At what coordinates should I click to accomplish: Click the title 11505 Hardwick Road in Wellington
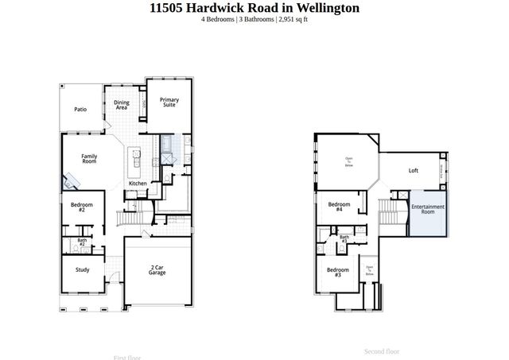[254, 8]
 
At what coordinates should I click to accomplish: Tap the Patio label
[80, 110]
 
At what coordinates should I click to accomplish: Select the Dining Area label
[122, 104]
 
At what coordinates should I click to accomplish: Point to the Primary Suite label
[169, 102]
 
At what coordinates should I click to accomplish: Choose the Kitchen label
[138, 184]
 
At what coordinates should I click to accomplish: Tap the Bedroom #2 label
[82, 207]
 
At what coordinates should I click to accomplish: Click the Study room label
[82, 269]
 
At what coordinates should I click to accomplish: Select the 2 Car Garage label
[157, 269]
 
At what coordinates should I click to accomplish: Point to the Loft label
[413, 170]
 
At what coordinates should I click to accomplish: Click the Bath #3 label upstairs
[344, 238]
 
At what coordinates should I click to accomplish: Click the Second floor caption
[382, 350]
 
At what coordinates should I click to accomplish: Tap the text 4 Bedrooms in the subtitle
[219, 19]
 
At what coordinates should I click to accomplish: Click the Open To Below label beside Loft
[348, 162]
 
